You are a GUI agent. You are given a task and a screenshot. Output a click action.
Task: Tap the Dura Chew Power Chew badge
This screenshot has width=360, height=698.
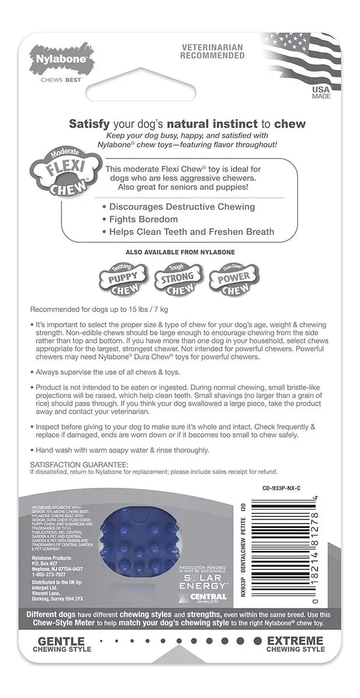(x=234, y=277)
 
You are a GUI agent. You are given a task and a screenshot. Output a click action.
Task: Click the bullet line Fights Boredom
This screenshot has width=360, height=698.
(x=143, y=219)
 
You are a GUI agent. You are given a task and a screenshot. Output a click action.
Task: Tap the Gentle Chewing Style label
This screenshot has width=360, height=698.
(x=66, y=660)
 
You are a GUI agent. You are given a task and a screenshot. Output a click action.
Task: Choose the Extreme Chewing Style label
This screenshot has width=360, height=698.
(x=294, y=660)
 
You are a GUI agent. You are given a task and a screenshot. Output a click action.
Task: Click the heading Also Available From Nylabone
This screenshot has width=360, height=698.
(x=179, y=252)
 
